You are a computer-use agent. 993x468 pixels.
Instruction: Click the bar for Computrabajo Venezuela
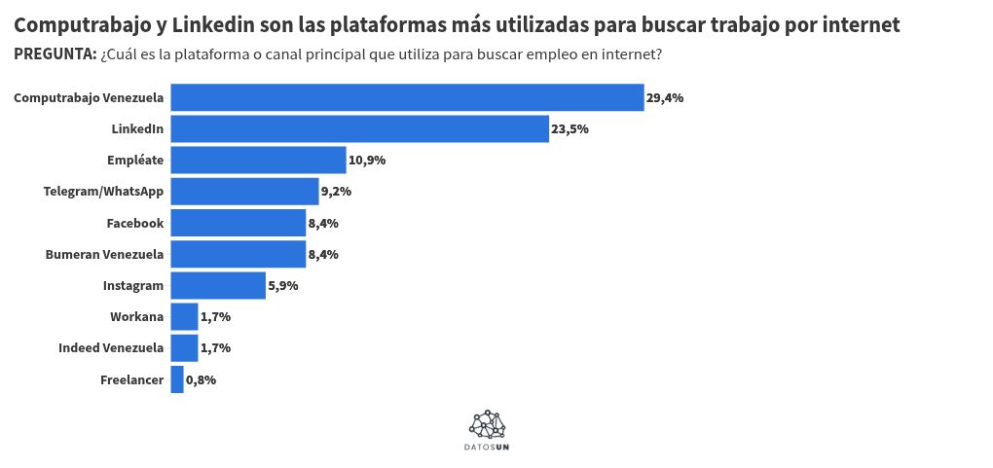pos(407,97)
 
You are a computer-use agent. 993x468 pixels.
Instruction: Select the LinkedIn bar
pos(359,128)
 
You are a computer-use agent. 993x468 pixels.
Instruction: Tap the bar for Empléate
pos(258,160)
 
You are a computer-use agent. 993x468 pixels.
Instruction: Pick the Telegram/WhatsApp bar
pos(244,192)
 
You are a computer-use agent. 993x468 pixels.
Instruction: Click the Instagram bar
pos(218,285)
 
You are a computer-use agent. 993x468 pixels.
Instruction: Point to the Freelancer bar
pos(177,379)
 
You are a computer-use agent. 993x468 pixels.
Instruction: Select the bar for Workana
pos(184,316)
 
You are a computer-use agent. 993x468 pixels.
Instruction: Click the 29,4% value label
pos(666,97)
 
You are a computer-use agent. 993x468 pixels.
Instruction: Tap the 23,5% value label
pos(570,128)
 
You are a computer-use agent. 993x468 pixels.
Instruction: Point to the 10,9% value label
pos(367,160)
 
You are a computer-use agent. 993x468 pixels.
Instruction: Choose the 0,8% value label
pos(201,379)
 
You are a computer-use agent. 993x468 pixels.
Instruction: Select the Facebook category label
pos(134,223)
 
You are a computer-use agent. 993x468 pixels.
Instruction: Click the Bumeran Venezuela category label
pos(104,254)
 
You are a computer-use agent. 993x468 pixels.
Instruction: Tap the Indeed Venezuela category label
pos(110,347)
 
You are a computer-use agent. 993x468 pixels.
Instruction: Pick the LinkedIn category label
pos(137,128)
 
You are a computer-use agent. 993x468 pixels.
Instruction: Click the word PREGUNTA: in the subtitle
pos(55,54)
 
